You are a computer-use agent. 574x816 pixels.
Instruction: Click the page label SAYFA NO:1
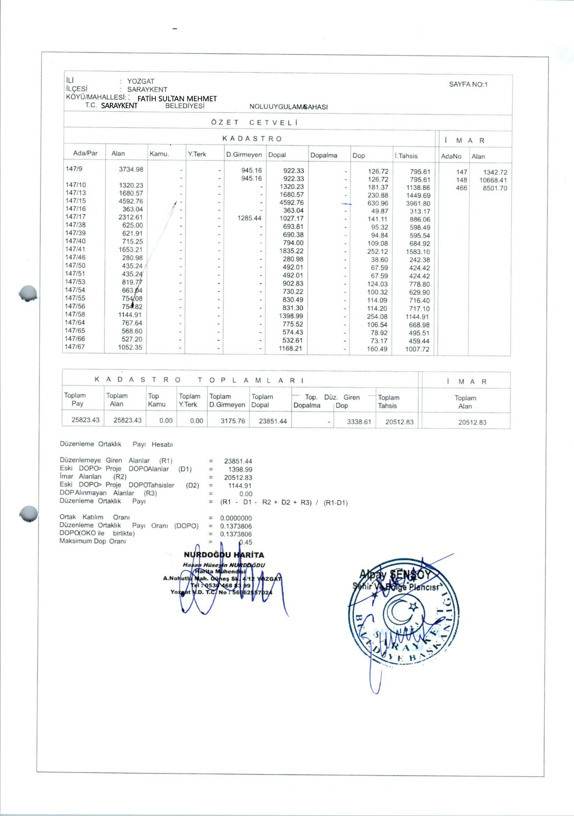pos(468,84)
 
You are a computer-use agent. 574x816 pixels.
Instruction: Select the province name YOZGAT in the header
pos(141,81)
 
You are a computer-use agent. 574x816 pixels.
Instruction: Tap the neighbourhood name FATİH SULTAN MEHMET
pos(177,99)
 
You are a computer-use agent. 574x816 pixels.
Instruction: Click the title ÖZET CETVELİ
pos(254,122)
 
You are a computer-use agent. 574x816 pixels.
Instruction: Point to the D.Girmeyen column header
pos(244,155)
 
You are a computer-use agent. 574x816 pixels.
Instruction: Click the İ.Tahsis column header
pos(406,156)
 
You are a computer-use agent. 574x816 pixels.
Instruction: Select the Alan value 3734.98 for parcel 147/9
pos(131,170)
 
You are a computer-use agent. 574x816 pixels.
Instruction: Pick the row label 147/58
pos(75,314)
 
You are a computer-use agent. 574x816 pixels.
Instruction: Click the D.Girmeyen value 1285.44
pos(249,218)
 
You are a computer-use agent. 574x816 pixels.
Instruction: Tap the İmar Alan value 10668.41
pos(493,180)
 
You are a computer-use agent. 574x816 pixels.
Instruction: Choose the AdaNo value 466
pos(461,188)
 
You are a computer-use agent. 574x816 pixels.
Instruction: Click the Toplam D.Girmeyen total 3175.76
pos(232,421)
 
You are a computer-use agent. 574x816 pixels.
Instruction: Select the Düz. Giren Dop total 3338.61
pos(359,422)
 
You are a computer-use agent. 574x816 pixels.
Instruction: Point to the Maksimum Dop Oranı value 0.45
pos(245,542)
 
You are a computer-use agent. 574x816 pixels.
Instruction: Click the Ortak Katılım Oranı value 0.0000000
pos(236,518)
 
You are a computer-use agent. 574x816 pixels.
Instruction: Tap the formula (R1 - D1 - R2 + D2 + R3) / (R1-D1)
pos(284,502)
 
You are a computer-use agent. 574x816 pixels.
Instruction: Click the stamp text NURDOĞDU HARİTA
pos(224,555)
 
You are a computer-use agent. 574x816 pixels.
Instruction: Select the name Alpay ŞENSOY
pos(395,575)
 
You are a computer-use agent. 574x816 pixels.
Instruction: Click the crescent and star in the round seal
pos(401,610)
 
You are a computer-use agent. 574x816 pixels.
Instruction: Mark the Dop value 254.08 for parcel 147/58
pos(377,317)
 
